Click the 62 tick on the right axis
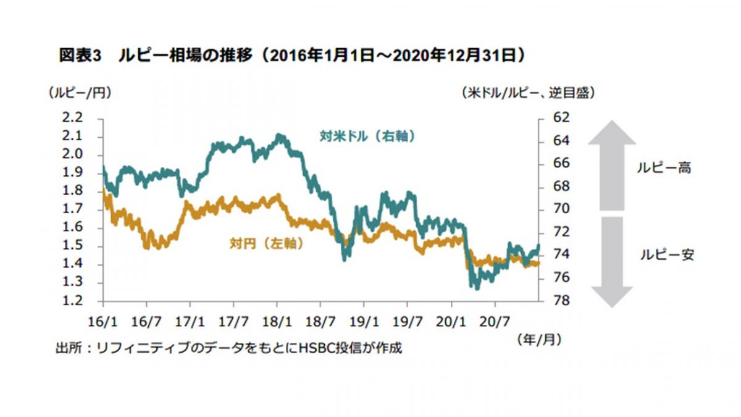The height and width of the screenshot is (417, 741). tap(553, 117)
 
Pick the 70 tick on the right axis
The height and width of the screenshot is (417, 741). tap(553, 209)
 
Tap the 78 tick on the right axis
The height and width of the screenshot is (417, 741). tap(553, 301)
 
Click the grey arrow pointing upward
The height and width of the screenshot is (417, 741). tap(611, 164)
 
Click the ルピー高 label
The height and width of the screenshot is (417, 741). tap(664, 167)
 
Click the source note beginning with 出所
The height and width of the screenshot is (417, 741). tap(228, 348)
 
